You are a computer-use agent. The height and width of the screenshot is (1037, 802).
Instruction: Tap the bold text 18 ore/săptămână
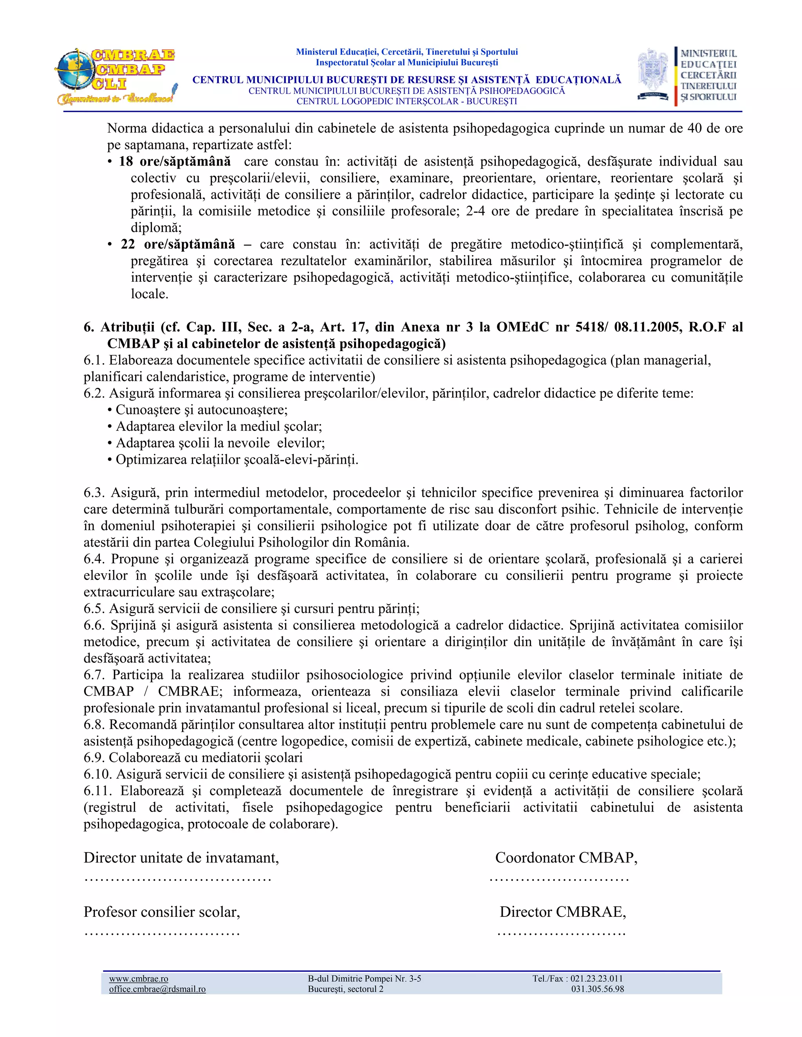(174, 162)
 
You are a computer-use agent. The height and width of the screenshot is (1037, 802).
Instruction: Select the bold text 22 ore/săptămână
(178, 245)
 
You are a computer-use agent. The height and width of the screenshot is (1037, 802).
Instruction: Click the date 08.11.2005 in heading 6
(648, 327)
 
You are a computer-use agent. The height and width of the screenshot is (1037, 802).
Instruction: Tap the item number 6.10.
(98, 774)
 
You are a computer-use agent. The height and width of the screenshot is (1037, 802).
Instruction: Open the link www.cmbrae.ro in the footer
(138, 978)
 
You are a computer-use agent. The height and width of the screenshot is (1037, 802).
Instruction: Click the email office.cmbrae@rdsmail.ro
(157, 989)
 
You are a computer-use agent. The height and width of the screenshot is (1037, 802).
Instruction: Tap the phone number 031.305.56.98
(597, 989)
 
